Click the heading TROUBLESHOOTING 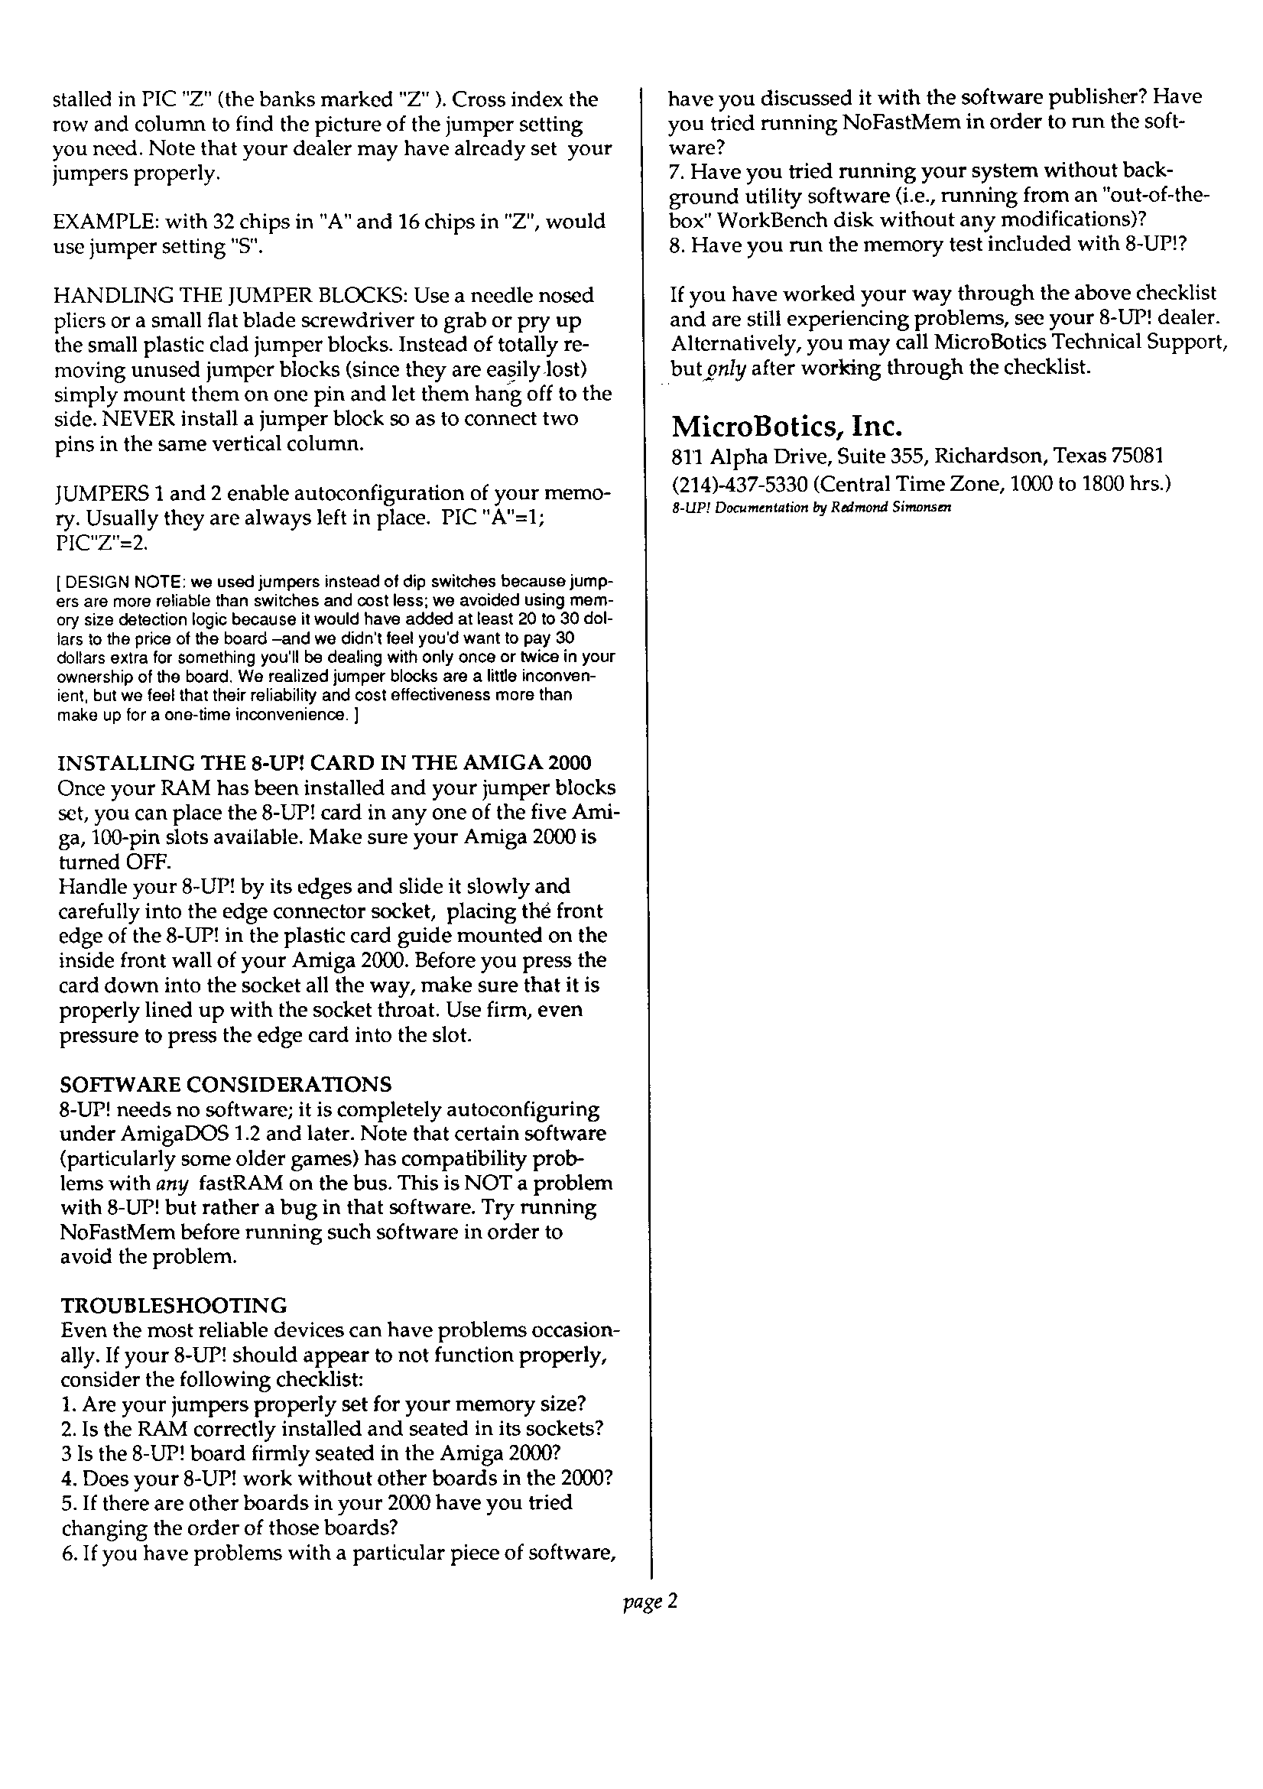pyautogui.click(x=173, y=1305)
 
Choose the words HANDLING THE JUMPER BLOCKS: pyautogui.click(x=230, y=296)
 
